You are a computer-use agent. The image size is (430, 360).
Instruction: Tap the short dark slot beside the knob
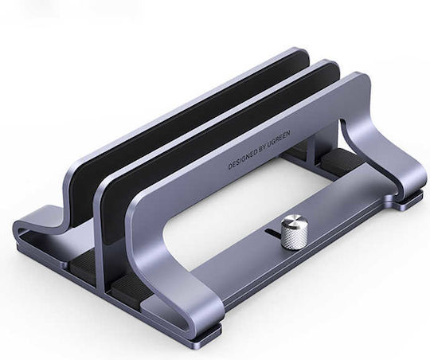coord(272,232)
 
